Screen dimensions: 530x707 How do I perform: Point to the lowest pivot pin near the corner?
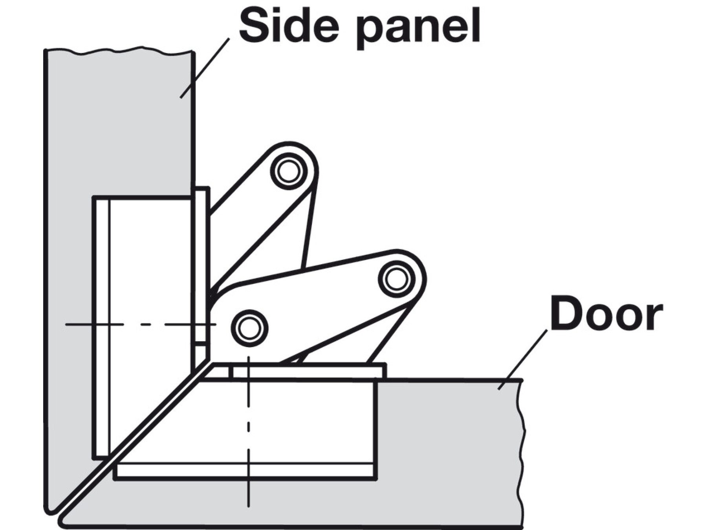[249, 328]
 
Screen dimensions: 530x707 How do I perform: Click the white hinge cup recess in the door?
[291, 420]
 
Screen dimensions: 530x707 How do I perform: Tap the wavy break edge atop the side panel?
[118, 51]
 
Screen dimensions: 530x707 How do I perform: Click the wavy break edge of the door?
[522, 451]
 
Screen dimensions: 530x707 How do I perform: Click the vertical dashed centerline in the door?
[248, 432]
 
